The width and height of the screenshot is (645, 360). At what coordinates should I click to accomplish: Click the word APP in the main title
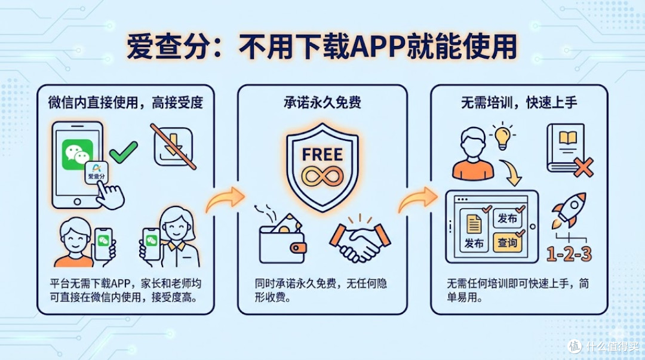pos(377,47)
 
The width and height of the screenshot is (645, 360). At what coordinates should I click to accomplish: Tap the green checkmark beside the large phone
pos(124,152)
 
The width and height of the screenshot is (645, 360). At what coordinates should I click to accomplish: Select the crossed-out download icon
pos(173,146)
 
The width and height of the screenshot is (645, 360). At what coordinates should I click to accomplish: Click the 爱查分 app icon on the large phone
pos(96,171)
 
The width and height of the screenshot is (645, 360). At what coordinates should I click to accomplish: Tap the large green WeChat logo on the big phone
pos(77,154)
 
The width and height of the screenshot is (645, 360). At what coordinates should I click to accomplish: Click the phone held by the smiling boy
pos(103,244)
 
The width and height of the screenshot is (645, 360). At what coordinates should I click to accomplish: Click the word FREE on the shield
pos(322,155)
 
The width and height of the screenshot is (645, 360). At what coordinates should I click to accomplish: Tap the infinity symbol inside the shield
pos(322,177)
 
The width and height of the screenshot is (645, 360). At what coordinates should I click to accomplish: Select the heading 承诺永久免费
pos(322,103)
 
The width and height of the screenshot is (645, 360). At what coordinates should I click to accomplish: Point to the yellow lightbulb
pos(502,136)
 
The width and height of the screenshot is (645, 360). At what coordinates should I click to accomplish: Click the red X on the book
pos(583,167)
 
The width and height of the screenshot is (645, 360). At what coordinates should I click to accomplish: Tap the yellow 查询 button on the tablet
pos(507,243)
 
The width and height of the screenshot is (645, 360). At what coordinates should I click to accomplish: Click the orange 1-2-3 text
pos(569,254)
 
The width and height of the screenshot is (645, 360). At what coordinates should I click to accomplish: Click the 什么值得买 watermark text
pos(612,346)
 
